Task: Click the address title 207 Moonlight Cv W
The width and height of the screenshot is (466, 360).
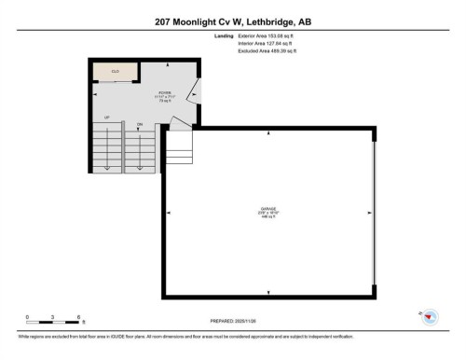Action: pyautogui.click(x=232, y=18)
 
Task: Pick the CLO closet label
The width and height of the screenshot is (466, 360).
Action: pyautogui.click(x=116, y=71)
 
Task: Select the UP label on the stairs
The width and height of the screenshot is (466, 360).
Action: pyautogui.click(x=107, y=118)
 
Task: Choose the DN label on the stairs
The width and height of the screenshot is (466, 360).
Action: pyautogui.click(x=139, y=123)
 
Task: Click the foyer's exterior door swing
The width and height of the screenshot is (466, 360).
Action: pyautogui.click(x=192, y=92)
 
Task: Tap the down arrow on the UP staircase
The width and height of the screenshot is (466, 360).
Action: pyautogui.click(x=107, y=165)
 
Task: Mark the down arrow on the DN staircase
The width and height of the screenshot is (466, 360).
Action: pyautogui.click(x=140, y=165)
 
